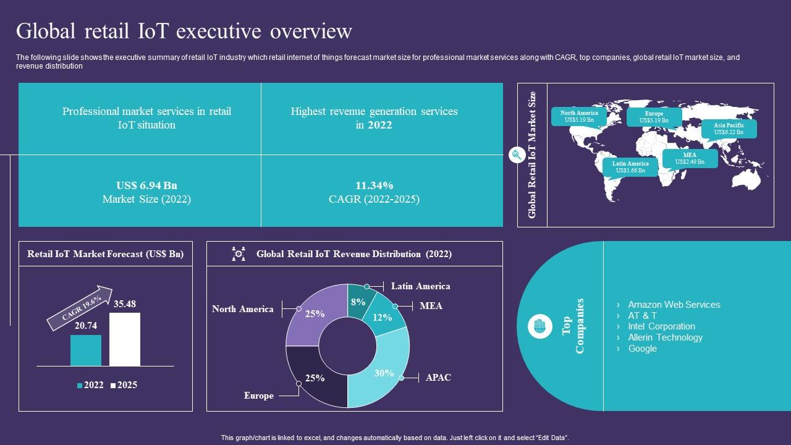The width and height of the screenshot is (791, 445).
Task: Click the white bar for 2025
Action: point(125,339)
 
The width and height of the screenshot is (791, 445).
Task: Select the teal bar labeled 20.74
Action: point(86,350)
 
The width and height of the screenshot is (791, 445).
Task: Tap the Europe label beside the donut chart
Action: point(258,396)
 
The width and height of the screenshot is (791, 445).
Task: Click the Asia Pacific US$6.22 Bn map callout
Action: point(729,129)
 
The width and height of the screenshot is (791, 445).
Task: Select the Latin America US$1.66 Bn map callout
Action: point(630,167)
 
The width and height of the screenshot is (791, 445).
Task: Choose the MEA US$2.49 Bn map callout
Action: point(690,158)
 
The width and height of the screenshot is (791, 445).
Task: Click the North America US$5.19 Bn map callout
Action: point(579,116)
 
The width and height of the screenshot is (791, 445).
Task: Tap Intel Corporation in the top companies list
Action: point(661,326)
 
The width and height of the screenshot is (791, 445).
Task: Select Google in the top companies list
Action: point(642,349)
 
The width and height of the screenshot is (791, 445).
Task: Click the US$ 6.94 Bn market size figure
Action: point(146,185)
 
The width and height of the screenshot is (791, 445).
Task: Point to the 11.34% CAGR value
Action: point(374,185)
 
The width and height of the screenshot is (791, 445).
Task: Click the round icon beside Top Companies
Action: point(540,326)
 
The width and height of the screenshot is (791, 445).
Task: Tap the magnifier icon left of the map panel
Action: point(517,155)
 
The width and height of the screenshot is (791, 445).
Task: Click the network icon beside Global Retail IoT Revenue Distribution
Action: point(239,254)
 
